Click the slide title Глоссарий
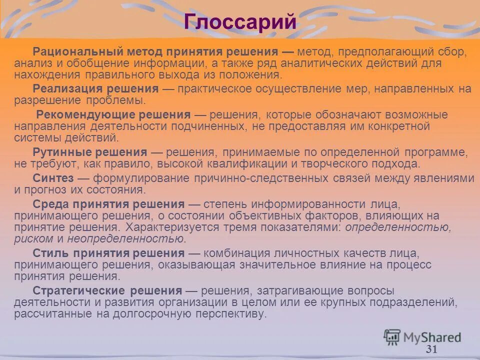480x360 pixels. point(239,22)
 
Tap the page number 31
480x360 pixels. point(431,349)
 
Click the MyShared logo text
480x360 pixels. point(432,336)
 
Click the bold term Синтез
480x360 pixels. point(53,178)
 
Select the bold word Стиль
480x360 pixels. point(51,253)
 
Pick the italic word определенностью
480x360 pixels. point(398,227)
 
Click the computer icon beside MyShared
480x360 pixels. point(392,336)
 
